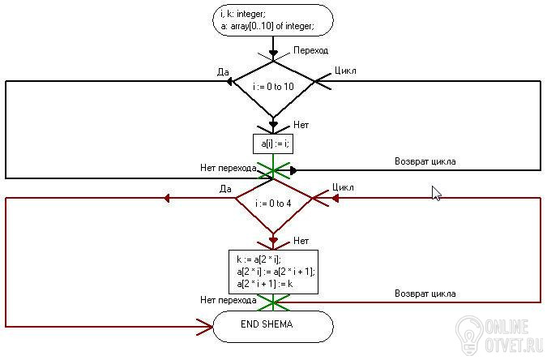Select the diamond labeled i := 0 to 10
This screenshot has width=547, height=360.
pyautogui.click(x=273, y=87)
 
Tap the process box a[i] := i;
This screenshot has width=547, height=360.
pyautogui.click(x=273, y=144)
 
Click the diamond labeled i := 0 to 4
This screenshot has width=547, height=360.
pyautogui.click(x=273, y=203)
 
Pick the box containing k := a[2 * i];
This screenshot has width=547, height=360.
pyautogui.click(x=273, y=272)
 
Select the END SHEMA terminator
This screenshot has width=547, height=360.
pyautogui.click(x=273, y=325)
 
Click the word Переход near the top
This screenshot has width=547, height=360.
pyautogui.click(x=310, y=50)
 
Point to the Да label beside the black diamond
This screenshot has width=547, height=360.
pyautogui.click(x=224, y=71)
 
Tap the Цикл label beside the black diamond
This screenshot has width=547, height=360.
pyautogui.click(x=346, y=71)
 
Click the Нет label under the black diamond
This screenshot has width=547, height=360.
pyautogui.click(x=301, y=125)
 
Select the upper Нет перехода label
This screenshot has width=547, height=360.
pyautogui.click(x=229, y=169)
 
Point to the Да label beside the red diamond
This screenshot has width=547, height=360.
pyautogui.click(x=225, y=189)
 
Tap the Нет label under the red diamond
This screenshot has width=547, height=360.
pyautogui.click(x=301, y=241)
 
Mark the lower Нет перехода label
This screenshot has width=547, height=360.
pyautogui.click(x=229, y=300)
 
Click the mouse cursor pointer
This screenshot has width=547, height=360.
pyautogui.click(x=436, y=193)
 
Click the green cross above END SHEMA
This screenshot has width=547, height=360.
pyautogui.click(x=273, y=302)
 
